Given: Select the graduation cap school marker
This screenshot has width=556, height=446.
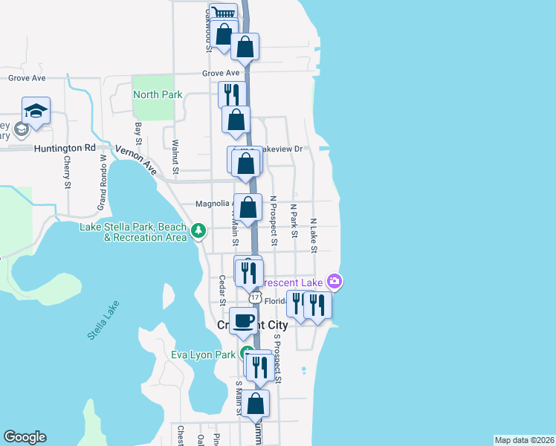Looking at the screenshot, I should (x=36, y=111).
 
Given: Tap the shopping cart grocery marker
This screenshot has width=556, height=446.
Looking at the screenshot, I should (x=222, y=13).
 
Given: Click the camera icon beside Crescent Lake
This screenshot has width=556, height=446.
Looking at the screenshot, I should (x=335, y=282).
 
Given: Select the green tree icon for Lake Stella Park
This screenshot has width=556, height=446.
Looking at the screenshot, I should (x=198, y=230).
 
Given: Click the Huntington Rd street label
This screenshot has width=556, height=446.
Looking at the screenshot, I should (x=65, y=148).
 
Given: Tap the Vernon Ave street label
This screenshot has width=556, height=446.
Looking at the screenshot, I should (x=136, y=160).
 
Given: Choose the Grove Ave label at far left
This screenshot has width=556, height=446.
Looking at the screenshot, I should (x=27, y=77).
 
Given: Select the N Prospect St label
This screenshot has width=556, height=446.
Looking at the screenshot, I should (x=274, y=221).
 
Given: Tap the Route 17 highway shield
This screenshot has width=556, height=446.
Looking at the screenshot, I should (x=255, y=297).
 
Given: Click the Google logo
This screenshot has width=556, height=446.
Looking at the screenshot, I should (x=25, y=437).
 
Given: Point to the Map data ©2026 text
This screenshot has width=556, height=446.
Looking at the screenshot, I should (x=524, y=439).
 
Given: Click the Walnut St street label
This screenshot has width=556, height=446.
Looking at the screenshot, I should (x=175, y=158).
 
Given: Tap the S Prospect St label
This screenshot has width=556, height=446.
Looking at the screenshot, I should (x=277, y=358).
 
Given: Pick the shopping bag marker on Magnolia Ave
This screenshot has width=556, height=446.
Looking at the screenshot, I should (x=248, y=207).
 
